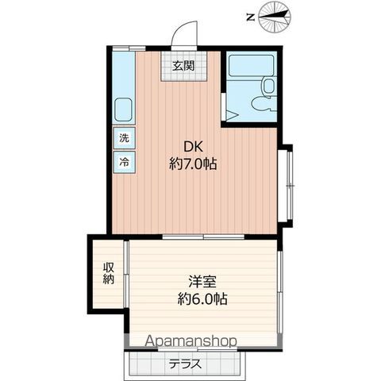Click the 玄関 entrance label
pyautogui.click(x=183, y=66)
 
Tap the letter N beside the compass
pyautogui.click(x=250, y=18)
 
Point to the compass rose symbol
pyautogui.click(x=275, y=17)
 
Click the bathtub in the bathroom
pyautogui.click(x=251, y=65)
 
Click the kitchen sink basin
pyautogui.click(x=123, y=110)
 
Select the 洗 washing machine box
pyautogui.click(x=125, y=138)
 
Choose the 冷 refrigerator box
pyautogui.click(x=125, y=162)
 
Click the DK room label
pyautogui.click(x=193, y=147)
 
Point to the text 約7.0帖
pyautogui.click(x=193, y=164)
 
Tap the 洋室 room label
pyautogui.click(x=202, y=282)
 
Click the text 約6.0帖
pyautogui.click(x=202, y=298)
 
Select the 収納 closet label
pyautogui.click(x=109, y=273)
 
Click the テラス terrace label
pyautogui.click(x=185, y=364)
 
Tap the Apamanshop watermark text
pyautogui.click(x=190, y=341)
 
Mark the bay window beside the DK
pyautogui.click(x=287, y=185)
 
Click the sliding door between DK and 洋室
pyautogui.click(x=203, y=237)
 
